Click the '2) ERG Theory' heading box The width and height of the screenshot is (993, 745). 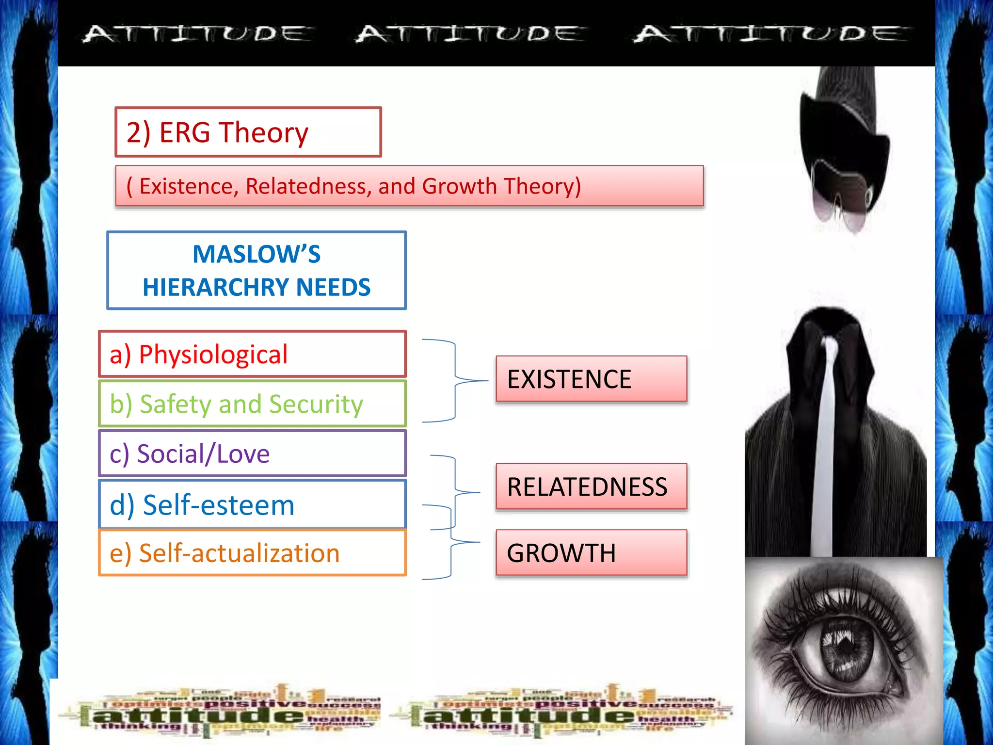click(248, 132)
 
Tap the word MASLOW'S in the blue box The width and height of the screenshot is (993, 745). click(256, 254)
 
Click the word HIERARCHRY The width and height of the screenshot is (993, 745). click(216, 287)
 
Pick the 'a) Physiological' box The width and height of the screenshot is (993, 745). click(252, 354)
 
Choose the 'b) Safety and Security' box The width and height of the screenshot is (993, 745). click(252, 404)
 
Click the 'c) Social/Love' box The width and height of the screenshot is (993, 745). click(252, 453)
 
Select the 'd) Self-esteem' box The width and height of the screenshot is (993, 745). click(252, 504)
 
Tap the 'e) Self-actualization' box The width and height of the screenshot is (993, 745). click(252, 553)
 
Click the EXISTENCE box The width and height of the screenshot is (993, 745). click(591, 379)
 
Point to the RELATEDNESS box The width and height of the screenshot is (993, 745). click(591, 486)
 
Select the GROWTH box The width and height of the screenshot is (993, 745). click(591, 553)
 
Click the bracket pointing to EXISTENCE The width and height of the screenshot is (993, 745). click(455, 381)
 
